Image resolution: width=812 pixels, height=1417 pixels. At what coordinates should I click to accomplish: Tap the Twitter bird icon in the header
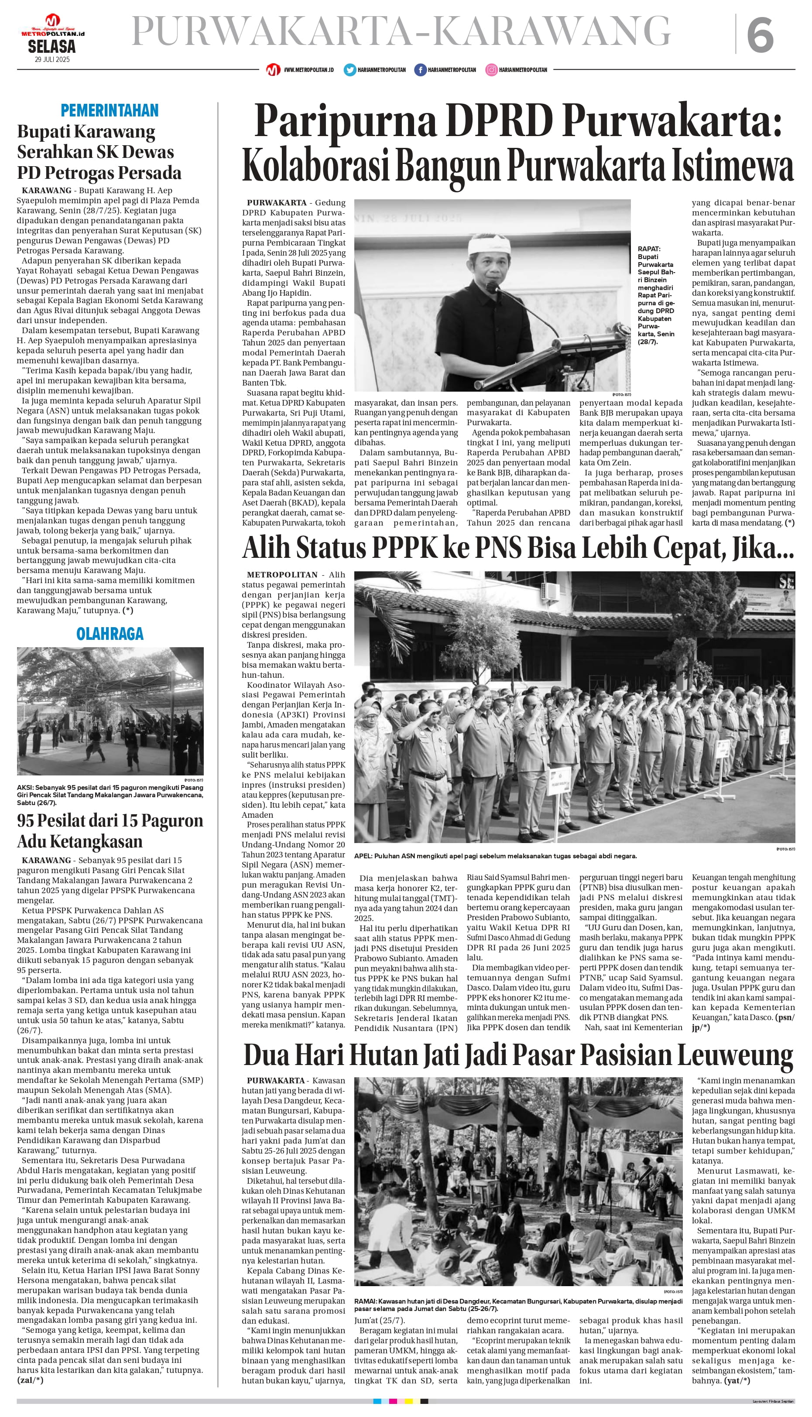point(349,70)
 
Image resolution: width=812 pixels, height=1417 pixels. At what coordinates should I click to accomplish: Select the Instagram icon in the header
point(491,70)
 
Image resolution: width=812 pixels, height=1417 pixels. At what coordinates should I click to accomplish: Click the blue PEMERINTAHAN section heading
point(110,110)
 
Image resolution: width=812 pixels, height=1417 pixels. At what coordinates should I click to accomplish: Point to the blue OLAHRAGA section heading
point(110,634)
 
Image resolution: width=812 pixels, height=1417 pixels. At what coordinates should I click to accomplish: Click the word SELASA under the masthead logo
point(52,47)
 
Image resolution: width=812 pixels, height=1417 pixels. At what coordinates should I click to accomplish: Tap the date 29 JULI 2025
point(52,60)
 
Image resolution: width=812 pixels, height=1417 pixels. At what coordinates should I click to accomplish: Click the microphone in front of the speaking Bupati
point(492,287)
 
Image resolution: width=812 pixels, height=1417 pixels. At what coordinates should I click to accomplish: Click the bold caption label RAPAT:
point(649,249)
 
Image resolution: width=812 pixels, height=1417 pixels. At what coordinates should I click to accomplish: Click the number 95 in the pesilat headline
point(26,820)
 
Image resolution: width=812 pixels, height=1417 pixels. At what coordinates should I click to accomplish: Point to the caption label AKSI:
point(25,788)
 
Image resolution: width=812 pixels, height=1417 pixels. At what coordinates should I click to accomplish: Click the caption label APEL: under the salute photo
point(363,856)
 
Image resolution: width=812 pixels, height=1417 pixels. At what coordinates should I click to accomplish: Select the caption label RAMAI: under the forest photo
point(365,1301)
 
